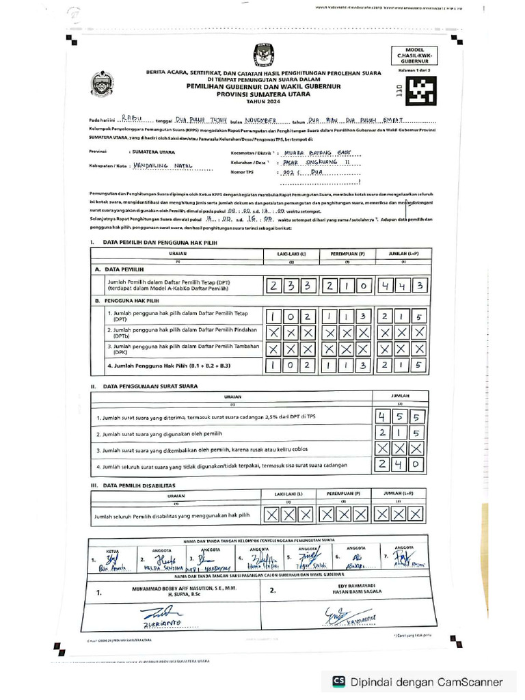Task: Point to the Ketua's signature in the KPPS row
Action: [109, 561]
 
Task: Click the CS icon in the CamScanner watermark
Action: [338, 681]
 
